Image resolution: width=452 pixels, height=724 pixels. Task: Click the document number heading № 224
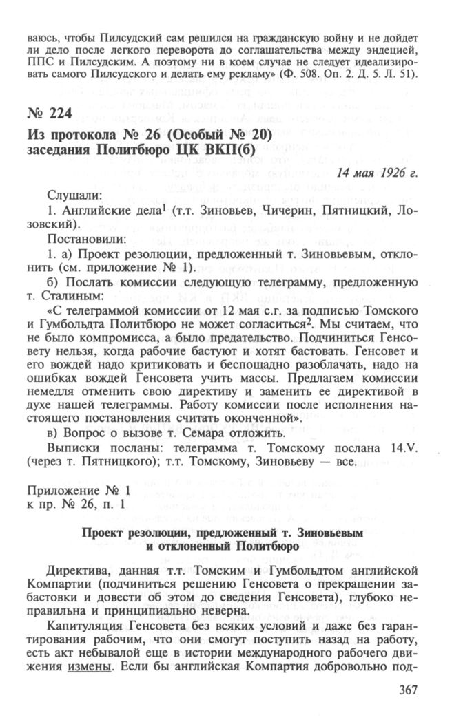[50, 113]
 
